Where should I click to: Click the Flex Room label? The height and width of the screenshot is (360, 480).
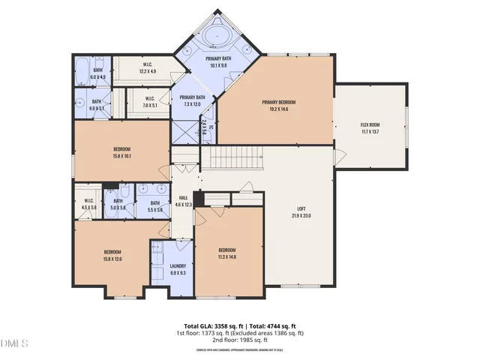click(370, 128)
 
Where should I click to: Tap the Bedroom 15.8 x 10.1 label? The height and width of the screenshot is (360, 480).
click(121, 153)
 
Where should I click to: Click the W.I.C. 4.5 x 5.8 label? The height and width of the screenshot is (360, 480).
click(88, 203)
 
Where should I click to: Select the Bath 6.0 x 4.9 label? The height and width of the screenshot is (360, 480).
click(97, 73)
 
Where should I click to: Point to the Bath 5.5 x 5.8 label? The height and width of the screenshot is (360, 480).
click(155, 205)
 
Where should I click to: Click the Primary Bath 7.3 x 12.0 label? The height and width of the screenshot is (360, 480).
click(193, 100)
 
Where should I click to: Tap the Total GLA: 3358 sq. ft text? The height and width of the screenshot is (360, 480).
click(210, 325)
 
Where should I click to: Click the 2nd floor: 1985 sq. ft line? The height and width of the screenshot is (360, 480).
click(240, 340)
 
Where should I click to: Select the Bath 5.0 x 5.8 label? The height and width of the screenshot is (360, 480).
click(118, 203)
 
